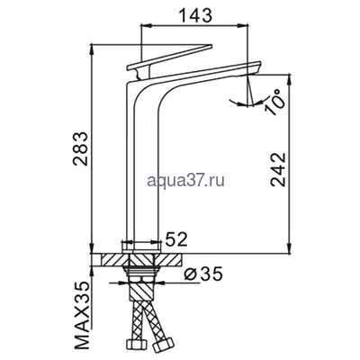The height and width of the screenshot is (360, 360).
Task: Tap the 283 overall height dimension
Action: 81,148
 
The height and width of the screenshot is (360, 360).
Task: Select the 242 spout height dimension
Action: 278,169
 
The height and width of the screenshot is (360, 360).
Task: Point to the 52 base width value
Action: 176,239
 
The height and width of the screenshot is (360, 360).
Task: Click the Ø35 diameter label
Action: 203,274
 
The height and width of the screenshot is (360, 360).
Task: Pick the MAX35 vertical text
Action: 81,315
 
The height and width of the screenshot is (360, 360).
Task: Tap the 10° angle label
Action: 275,103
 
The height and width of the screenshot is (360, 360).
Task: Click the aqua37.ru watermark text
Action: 186,180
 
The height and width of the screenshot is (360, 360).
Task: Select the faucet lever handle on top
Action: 169,61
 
